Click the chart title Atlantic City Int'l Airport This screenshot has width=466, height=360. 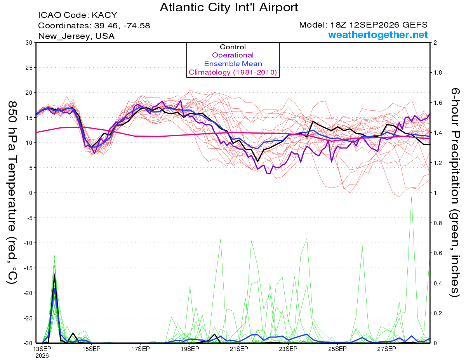[x=229, y=7]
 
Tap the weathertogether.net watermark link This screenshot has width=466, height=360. [x=378, y=35]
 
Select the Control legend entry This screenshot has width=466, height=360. [x=233, y=47]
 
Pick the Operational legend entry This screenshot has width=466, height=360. [x=233, y=55]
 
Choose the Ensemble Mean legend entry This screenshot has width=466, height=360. [x=233, y=64]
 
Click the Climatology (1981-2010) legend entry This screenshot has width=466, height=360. [x=233, y=72]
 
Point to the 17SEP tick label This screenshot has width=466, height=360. [x=141, y=349]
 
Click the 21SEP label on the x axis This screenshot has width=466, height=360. [x=239, y=349]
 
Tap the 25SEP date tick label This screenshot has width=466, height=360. [x=337, y=349]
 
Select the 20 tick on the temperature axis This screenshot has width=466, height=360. [x=29, y=93]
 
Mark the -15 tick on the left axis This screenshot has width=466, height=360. [x=28, y=268]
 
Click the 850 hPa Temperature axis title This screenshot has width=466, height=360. [x=12, y=192]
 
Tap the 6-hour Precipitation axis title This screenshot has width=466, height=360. [x=455, y=192]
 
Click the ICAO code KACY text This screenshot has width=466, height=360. [x=78, y=15]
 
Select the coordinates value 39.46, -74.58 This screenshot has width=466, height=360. [x=122, y=26]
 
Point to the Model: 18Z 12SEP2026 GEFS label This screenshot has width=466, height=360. [x=363, y=25]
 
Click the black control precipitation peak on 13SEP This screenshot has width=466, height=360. [x=54, y=275]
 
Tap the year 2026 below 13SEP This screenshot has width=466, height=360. [x=42, y=356]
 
